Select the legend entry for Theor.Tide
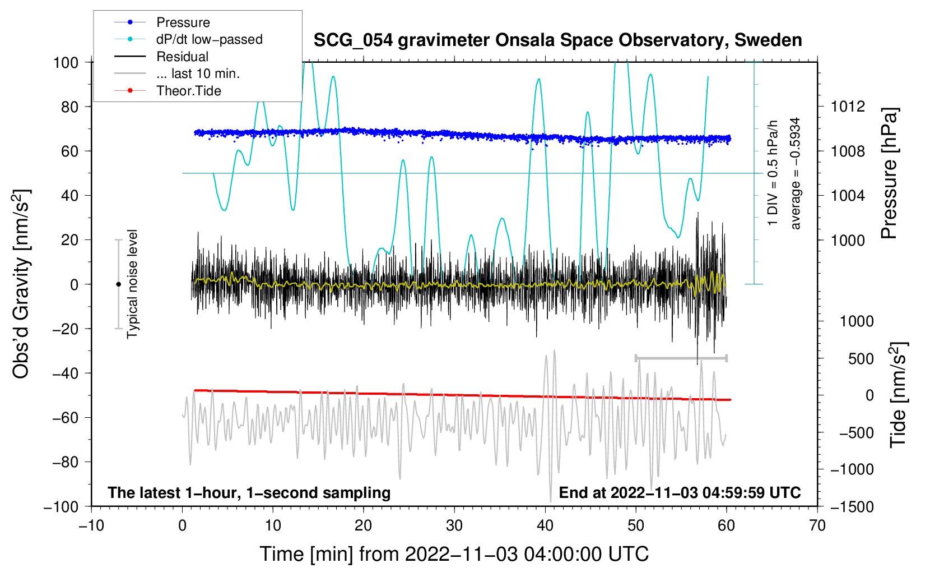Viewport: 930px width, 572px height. (188, 91)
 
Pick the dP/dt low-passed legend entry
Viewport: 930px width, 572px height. (209, 39)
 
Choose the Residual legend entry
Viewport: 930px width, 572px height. (182, 57)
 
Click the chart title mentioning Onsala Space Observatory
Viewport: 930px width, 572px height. (557, 40)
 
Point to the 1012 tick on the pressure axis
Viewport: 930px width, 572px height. (848, 107)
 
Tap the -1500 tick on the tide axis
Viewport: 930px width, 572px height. (852, 506)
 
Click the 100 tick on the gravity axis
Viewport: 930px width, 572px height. (66, 62)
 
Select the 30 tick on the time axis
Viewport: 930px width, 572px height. (454, 525)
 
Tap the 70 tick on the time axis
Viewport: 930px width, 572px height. (817, 525)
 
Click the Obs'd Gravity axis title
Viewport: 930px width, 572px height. (21, 284)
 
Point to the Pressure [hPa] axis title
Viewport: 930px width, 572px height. (889, 173)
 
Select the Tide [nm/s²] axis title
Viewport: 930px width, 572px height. (898, 394)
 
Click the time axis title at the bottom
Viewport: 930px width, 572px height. (454, 554)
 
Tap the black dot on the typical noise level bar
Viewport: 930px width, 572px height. (118, 284)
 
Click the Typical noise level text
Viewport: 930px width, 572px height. (132, 284)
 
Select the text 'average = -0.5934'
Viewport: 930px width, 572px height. (795, 173)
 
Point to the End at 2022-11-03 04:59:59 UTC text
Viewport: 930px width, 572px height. (680, 492)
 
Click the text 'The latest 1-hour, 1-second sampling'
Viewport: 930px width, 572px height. (249, 492)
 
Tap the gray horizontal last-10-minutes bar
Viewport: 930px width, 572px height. (681, 358)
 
